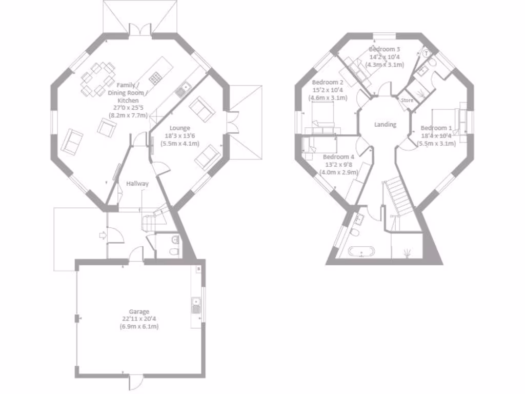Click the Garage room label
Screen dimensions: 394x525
[139, 311]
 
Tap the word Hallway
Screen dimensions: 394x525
[137, 184]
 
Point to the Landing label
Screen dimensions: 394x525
[385, 125]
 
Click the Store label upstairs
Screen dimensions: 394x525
[407, 101]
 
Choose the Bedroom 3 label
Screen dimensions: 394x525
[385, 49]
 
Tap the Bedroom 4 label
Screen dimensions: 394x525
[338, 157]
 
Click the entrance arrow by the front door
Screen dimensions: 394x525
[103, 235]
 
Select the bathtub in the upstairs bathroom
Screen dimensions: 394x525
[361, 252]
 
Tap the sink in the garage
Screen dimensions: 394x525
[195, 305]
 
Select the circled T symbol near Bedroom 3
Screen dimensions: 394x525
[426, 53]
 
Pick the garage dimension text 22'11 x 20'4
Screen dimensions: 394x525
[139, 319]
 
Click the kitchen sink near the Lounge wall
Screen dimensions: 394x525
[183, 91]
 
